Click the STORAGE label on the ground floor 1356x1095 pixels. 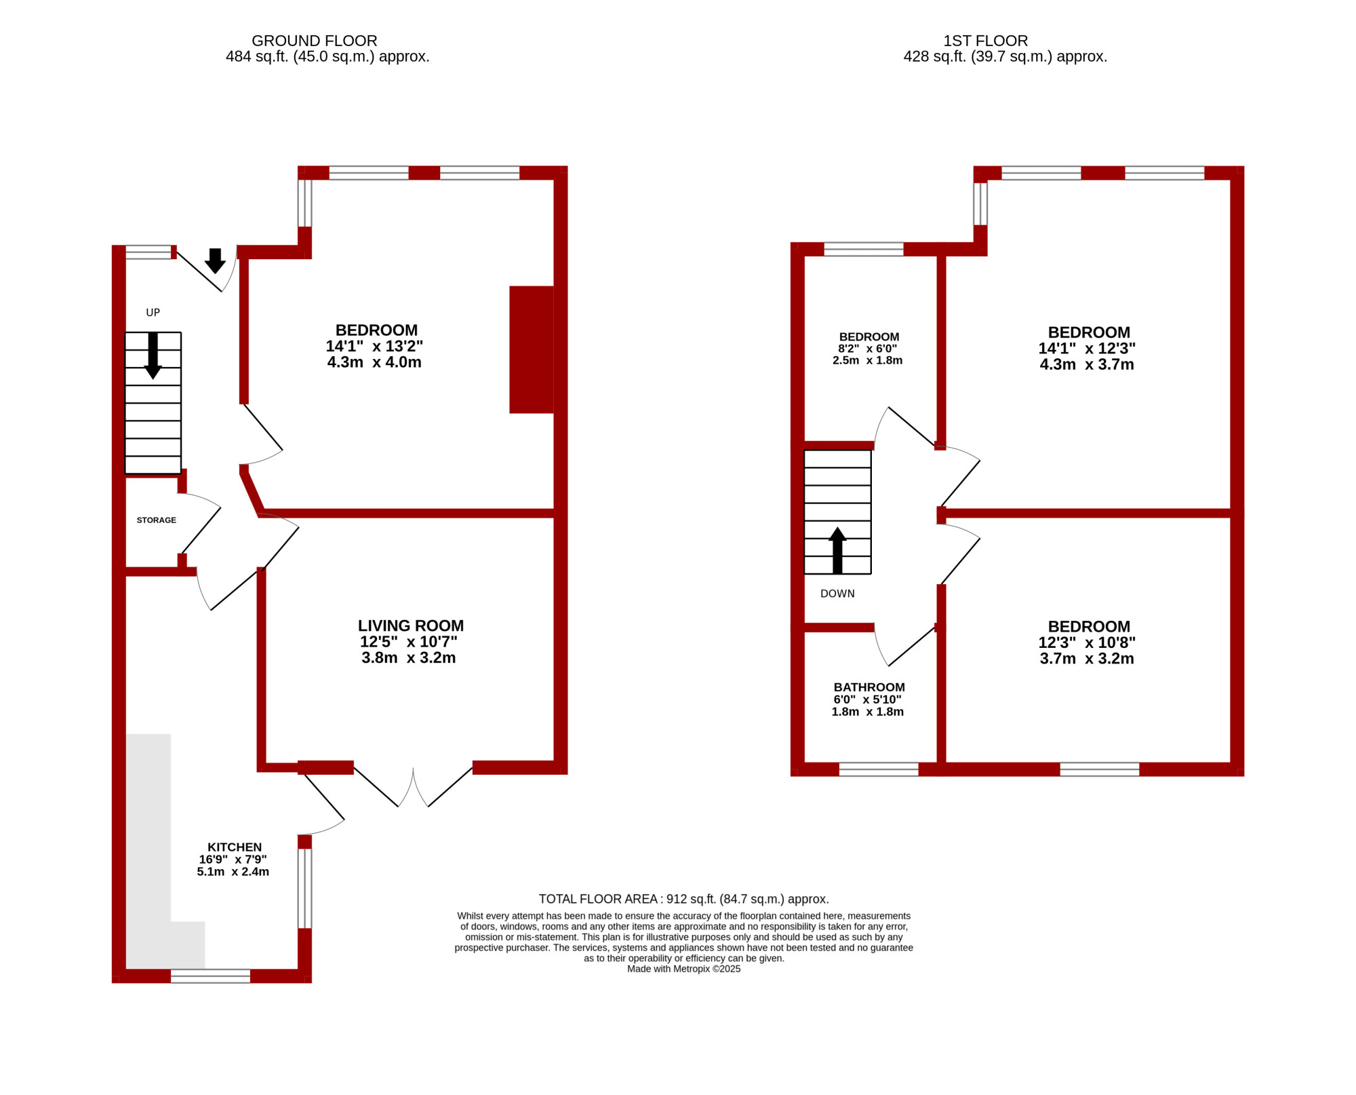(x=157, y=520)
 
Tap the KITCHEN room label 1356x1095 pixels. (x=235, y=847)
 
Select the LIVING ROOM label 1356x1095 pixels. (x=411, y=626)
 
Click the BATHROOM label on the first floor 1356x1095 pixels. (x=869, y=687)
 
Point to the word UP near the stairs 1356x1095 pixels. (x=153, y=313)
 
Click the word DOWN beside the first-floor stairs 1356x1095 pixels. (x=837, y=594)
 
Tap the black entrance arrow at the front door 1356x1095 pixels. (x=216, y=261)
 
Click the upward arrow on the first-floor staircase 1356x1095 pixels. (x=838, y=550)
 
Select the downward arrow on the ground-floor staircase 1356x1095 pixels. (x=153, y=356)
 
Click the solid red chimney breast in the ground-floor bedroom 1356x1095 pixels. (x=532, y=349)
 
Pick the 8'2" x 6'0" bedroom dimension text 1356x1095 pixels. (x=868, y=349)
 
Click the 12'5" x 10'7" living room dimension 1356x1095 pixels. (x=409, y=642)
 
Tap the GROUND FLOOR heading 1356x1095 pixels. (x=315, y=41)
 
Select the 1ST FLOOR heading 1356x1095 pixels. (x=986, y=41)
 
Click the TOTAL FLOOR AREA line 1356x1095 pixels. (x=684, y=899)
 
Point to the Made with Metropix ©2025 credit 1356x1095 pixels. (x=684, y=969)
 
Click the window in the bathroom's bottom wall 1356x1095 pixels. (x=879, y=769)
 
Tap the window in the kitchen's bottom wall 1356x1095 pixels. (x=210, y=976)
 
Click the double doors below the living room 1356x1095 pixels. (x=413, y=787)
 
